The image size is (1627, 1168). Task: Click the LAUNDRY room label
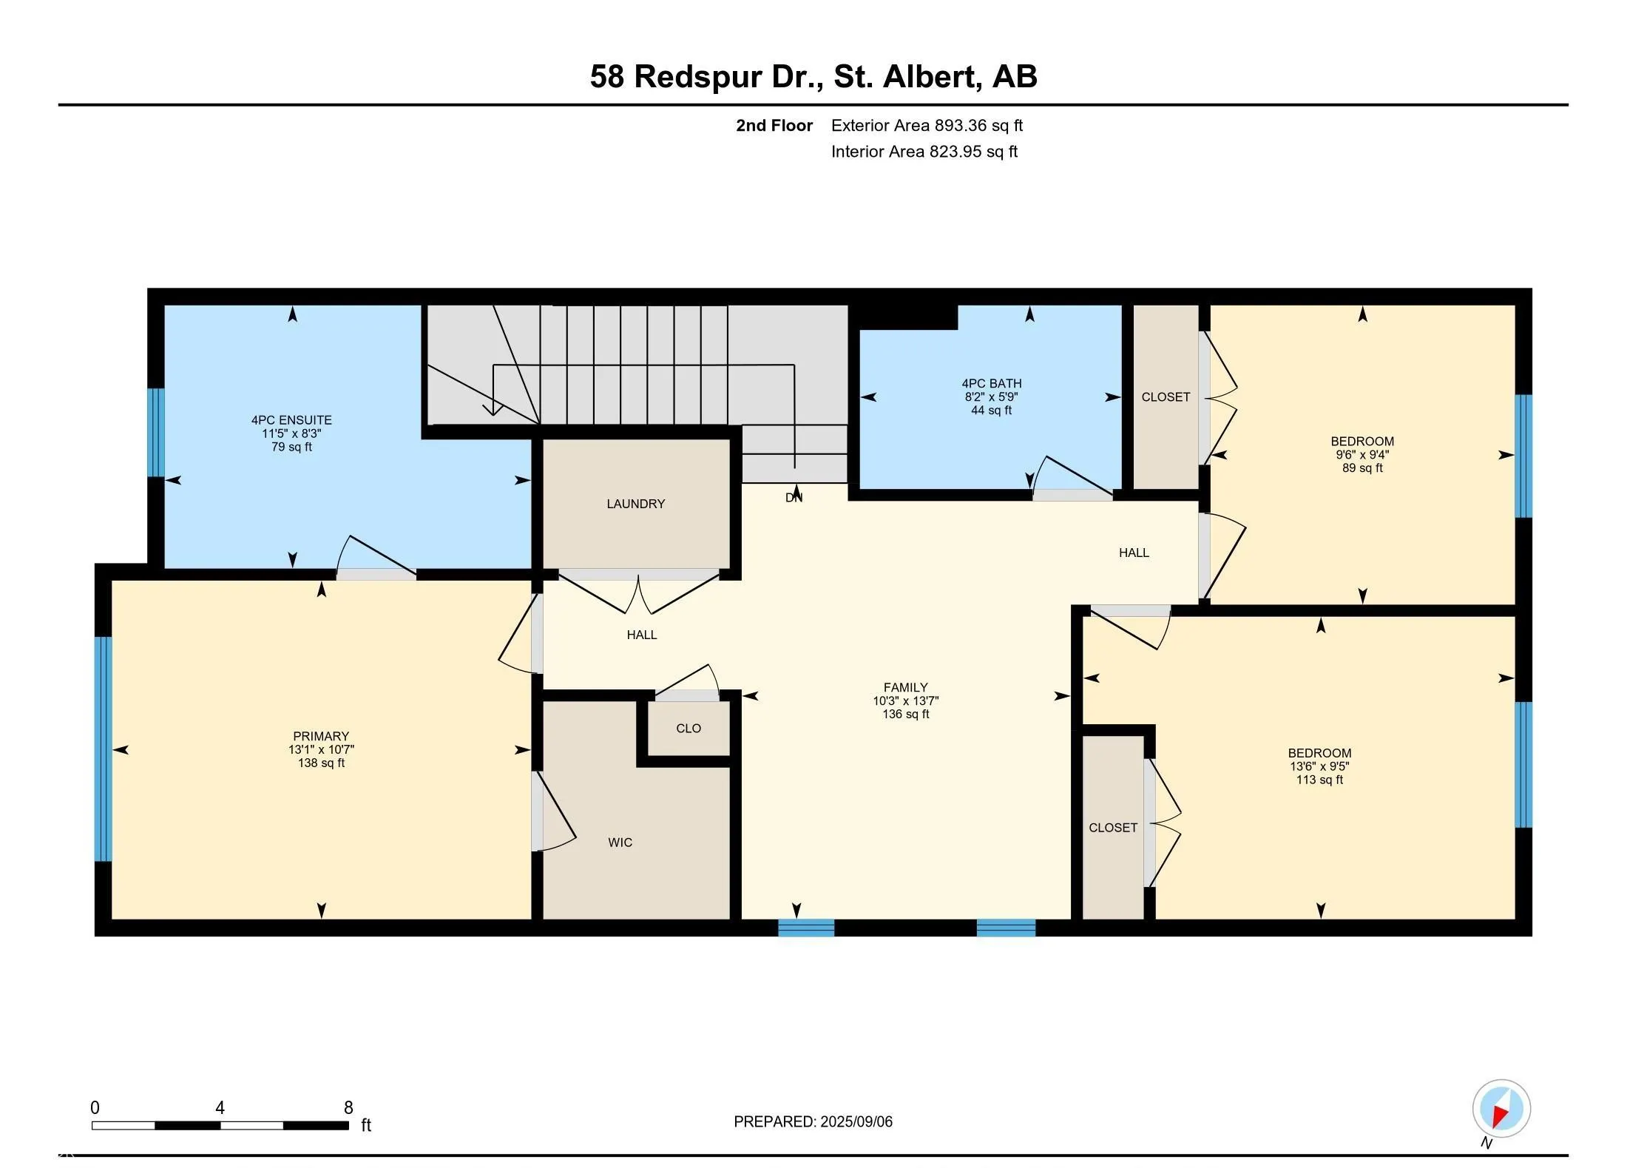(x=635, y=504)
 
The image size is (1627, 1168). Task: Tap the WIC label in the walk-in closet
(x=620, y=842)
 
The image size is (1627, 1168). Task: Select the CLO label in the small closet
(x=688, y=728)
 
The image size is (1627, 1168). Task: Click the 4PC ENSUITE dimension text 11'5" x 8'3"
(x=291, y=433)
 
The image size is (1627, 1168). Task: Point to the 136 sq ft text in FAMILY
(x=905, y=714)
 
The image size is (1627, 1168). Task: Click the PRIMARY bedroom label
(x=321, y=736)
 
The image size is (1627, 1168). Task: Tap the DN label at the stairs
(x=794, y=498)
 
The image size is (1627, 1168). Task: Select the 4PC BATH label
(x=991, y=383)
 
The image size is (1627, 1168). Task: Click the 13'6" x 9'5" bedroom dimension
(x=1319, y=766)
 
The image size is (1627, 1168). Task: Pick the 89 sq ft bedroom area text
(x=1362, y=467)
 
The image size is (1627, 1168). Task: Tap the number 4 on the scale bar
(x=220, y=1107)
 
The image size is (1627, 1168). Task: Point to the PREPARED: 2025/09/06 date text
(x=813, y=1121)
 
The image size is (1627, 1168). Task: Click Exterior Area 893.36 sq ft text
(x=927, y=126)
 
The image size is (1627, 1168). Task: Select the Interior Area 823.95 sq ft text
(x=924, y=152)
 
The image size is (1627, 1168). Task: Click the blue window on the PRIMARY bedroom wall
(x=103, y=749)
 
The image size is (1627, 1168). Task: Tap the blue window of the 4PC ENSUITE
(x=155, y=433)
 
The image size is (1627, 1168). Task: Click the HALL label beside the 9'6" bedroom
(x=1133, y=553)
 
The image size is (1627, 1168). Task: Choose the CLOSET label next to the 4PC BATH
(x=1166, y=397)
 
